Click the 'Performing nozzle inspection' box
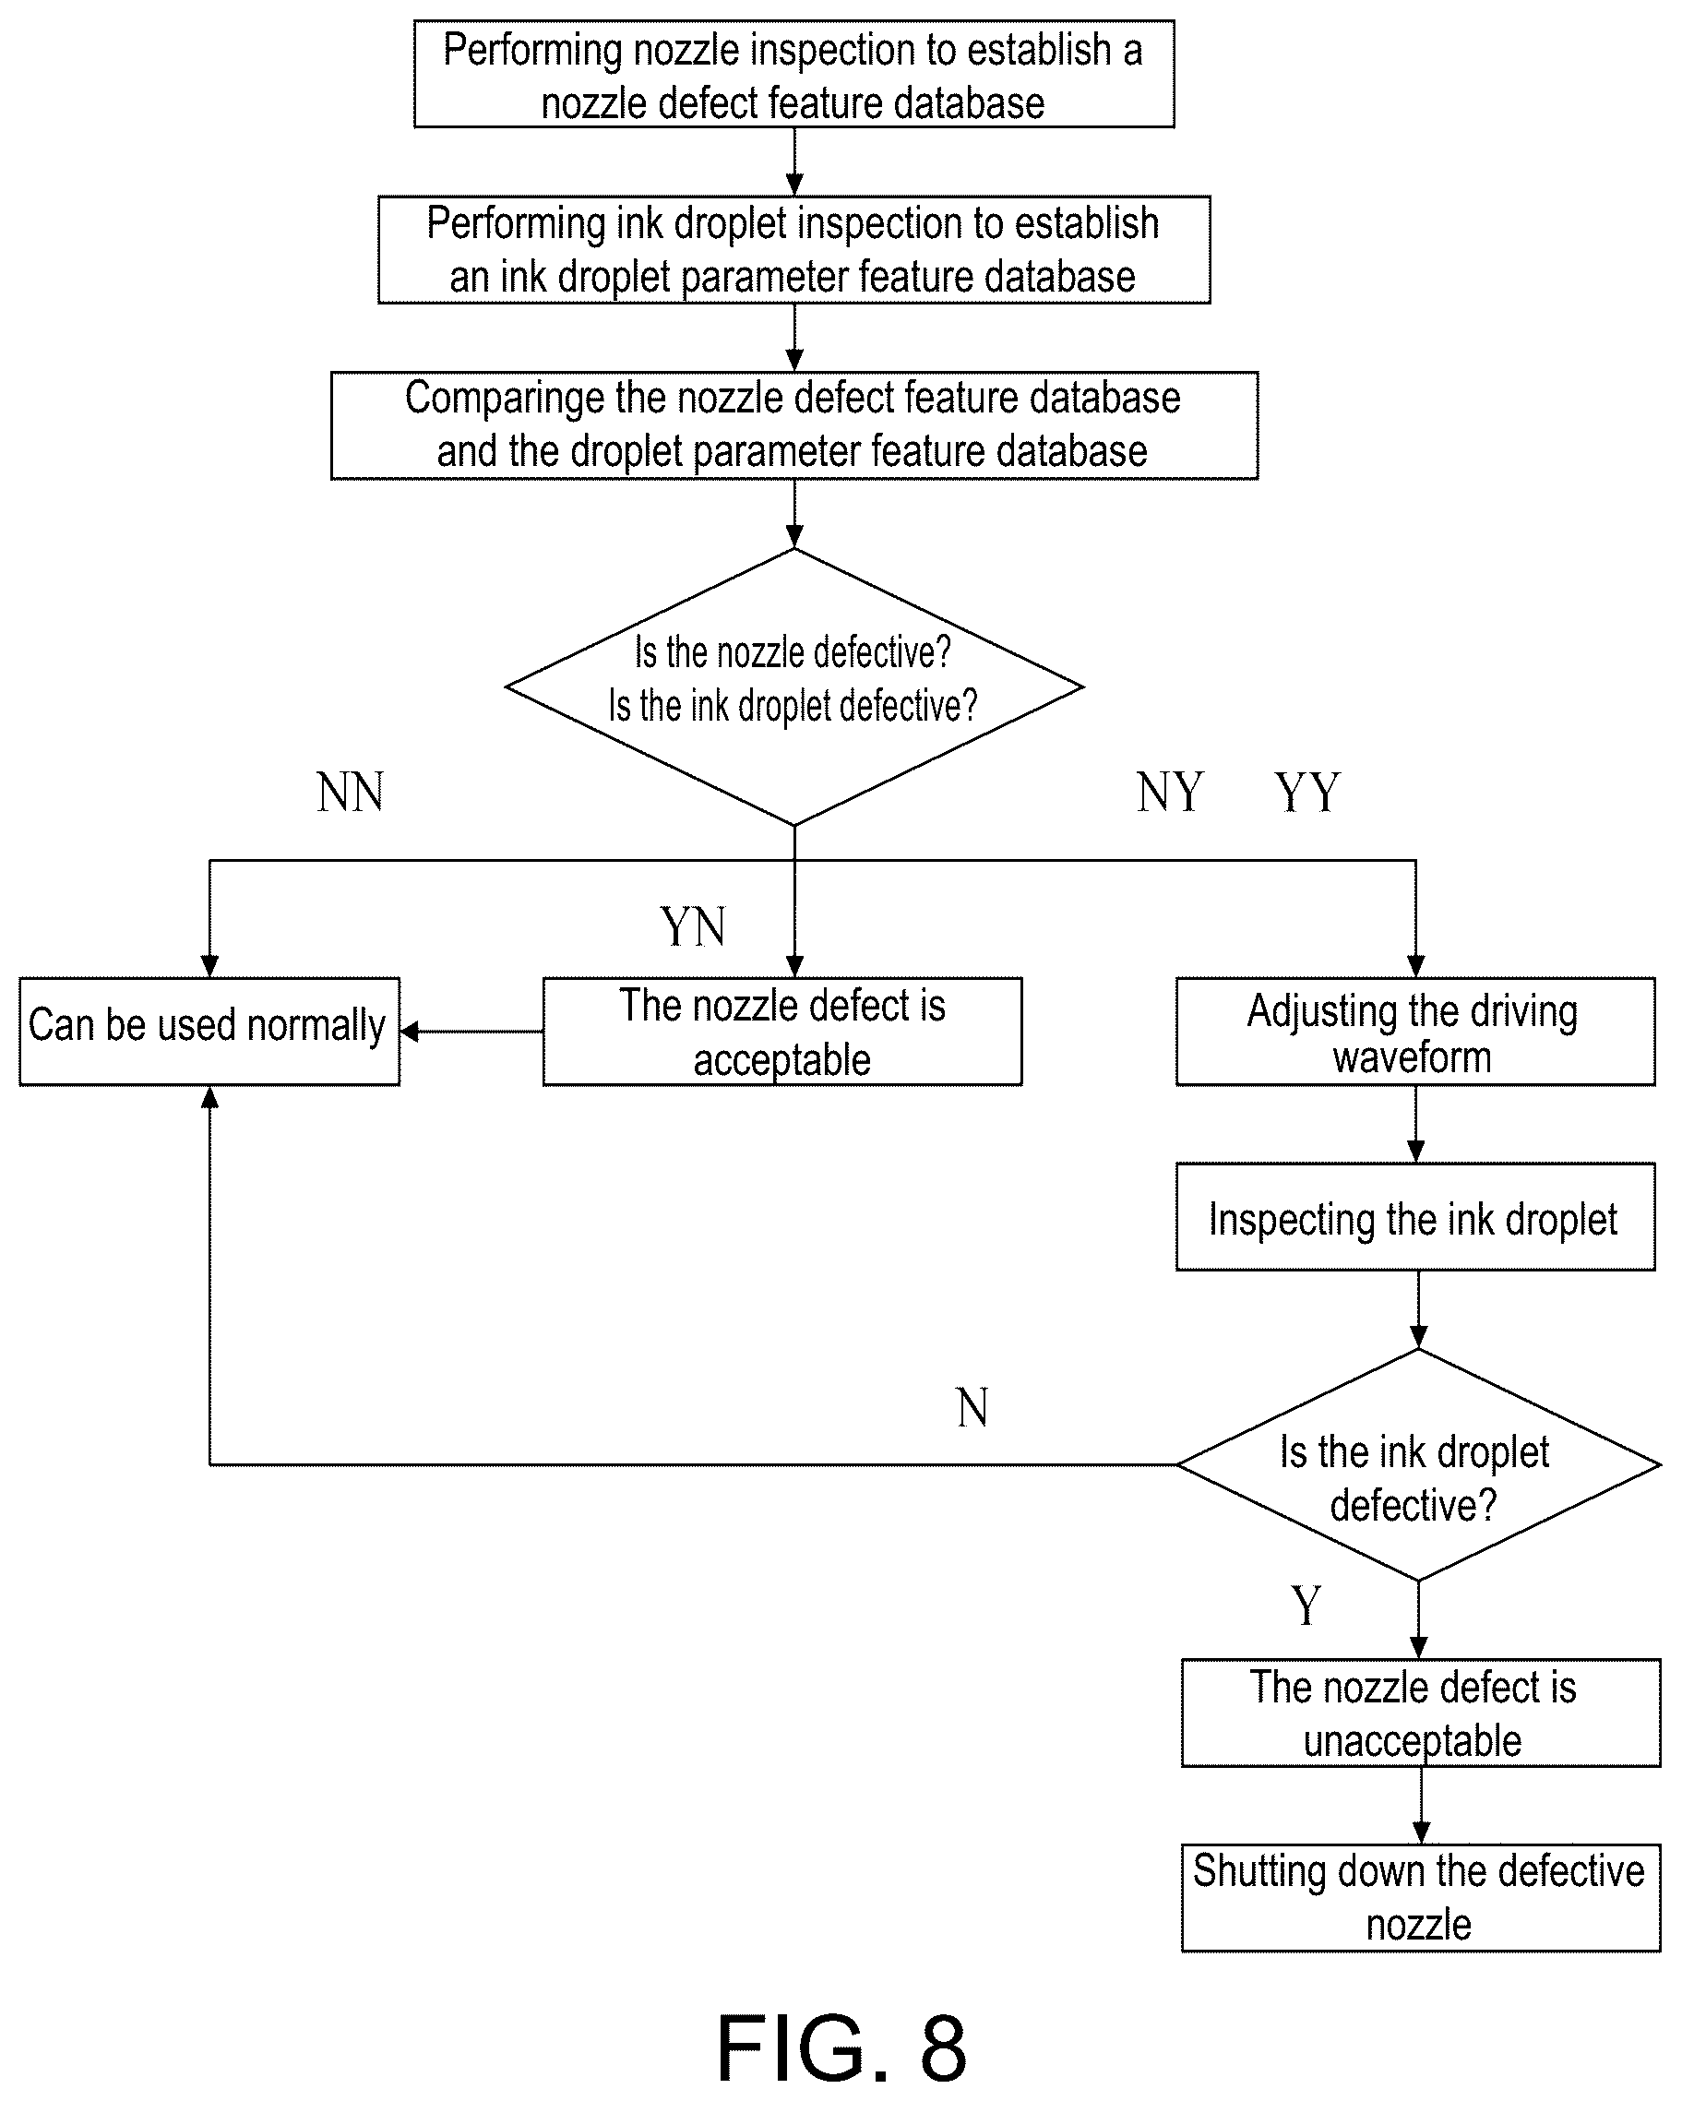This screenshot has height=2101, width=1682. pos(793,74)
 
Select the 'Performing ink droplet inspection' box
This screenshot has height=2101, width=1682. pos(793,249)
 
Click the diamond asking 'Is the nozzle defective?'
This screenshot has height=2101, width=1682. pos(793,687)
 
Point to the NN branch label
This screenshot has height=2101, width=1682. pos(351,792)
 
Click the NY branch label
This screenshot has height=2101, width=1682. pos(1169,792)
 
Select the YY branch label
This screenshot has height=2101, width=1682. pos(1307,792)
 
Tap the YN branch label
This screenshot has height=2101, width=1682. pos(693,925)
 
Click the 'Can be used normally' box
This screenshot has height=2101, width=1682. pos(209,1031)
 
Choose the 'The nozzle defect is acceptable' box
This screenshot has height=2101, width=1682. pos(782,1031)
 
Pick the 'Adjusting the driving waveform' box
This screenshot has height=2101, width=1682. pos(1415,1031)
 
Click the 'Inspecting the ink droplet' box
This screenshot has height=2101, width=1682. pos(1415,1216)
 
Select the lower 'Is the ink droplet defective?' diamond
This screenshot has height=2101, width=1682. pos(1418,1464)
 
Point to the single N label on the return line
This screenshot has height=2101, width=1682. pos(972,1407)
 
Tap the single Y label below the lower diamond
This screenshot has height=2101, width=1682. pos(1306,1604)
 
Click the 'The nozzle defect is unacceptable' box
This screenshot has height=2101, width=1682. pos(1421,1713)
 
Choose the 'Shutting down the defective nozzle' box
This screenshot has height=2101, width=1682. pos(1421,1898)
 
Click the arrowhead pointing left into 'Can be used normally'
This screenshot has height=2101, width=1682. pos(410,1031)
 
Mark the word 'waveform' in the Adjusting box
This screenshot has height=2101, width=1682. pos(1412,1057)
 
